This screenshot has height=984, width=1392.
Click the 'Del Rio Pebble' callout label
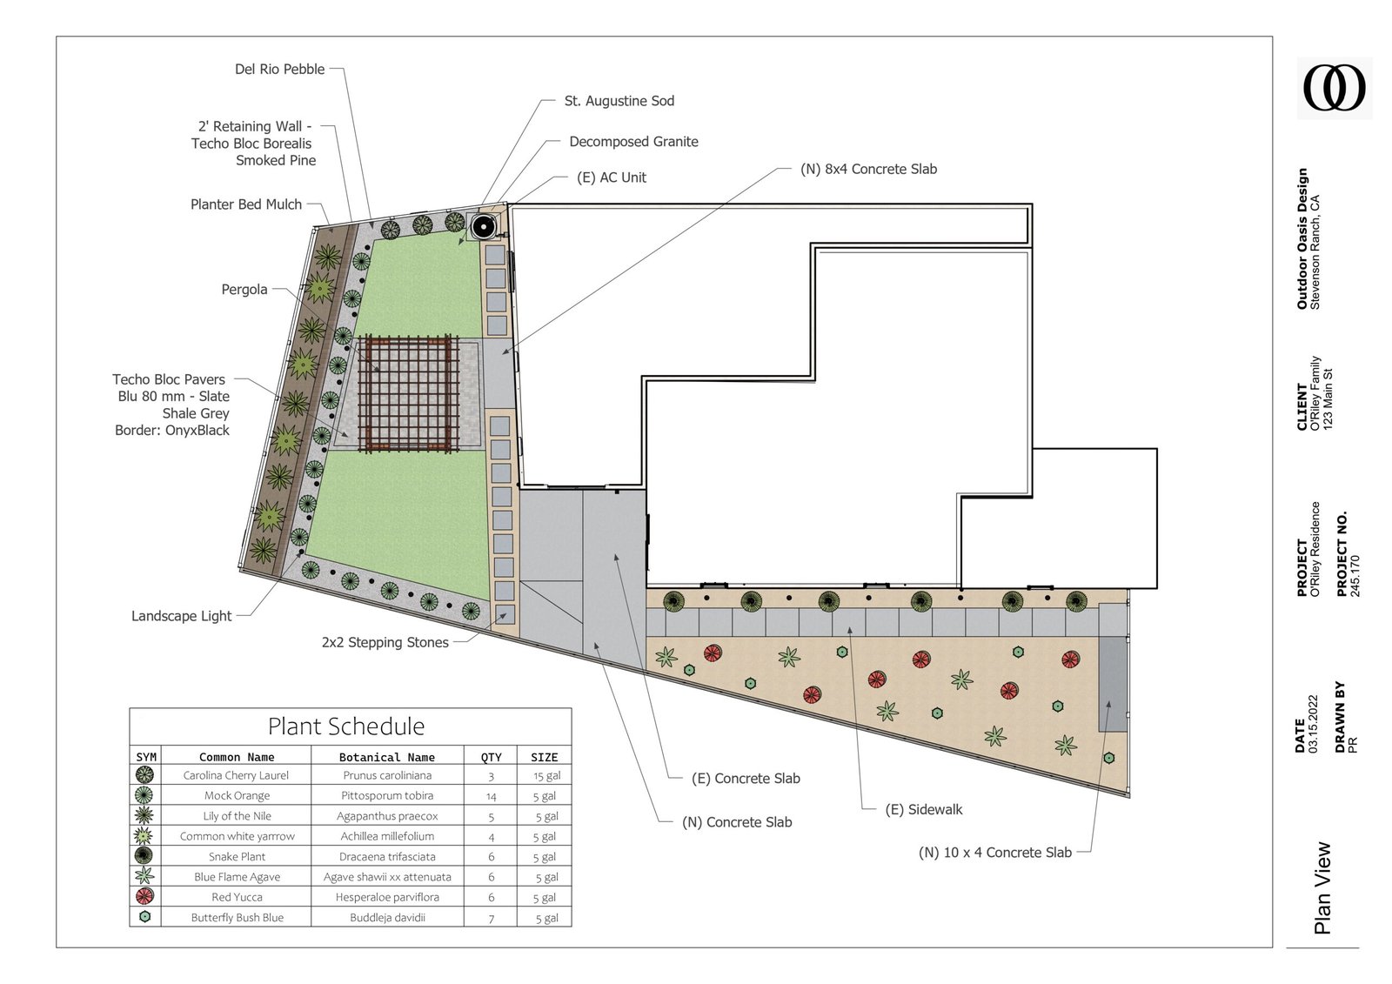279,69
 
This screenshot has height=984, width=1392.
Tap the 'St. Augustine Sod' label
619,101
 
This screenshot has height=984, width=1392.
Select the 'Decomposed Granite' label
634,142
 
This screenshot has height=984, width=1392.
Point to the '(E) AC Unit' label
612,177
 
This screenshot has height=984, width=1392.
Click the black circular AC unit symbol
484,227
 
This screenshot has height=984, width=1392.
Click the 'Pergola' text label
244,290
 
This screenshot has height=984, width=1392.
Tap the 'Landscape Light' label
182,616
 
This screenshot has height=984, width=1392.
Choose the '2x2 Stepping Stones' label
385,643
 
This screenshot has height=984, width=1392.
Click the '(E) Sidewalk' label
923,809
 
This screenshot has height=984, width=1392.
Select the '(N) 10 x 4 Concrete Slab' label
995,853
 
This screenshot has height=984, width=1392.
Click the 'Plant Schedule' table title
346,726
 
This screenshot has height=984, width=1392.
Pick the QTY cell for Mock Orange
491,796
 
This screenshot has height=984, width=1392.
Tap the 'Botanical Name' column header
386,757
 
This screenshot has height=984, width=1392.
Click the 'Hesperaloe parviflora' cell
387,897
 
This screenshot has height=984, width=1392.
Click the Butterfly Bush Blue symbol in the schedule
144,916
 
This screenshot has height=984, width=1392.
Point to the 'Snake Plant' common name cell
237,857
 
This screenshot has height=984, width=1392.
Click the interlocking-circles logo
1335,88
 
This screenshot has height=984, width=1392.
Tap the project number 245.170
1355,576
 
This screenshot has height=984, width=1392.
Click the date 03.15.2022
1313,724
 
